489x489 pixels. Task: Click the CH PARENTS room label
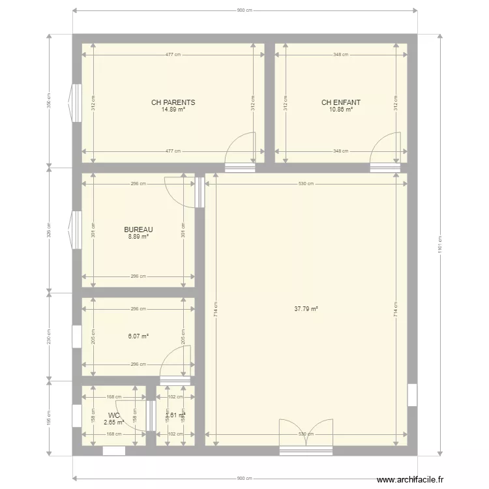click(x=173, y=102)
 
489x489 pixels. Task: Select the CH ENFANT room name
click(x=340, y=102)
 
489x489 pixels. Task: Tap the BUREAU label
click(x=138, y=230)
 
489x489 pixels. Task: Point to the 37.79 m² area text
click(x=306, y=309)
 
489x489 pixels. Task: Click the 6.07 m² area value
click(x=138, y=336)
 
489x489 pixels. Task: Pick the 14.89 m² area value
click(x=173, y=110)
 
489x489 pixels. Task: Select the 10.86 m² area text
click(x=340, y=110)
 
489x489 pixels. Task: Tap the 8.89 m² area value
click(x=138, y=237)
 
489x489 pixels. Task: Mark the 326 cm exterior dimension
click(x=49, y=230)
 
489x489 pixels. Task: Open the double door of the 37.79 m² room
click(x=306, y=434)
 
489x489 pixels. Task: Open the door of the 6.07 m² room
click(x=176, y=363)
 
